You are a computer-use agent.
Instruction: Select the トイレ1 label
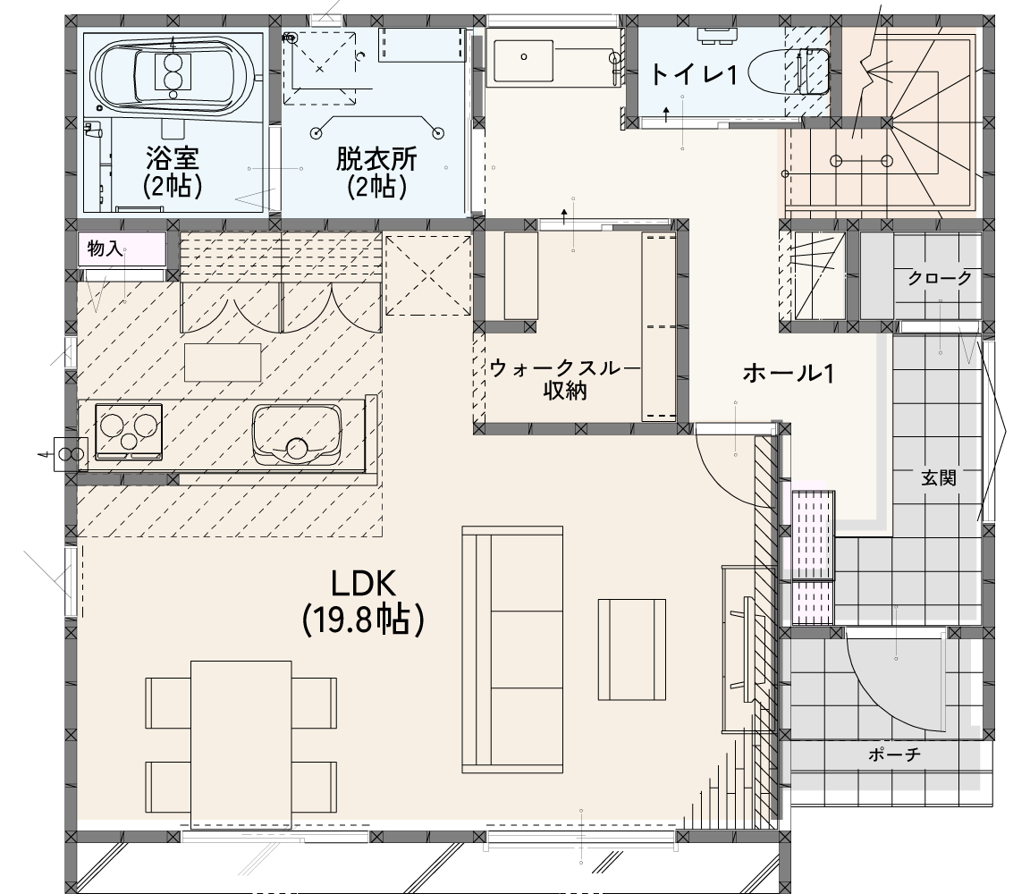coord(693,75)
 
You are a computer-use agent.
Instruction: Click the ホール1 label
coord(789,374)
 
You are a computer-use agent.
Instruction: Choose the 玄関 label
coord(939,477)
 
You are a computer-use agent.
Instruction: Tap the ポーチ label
coord(894,754)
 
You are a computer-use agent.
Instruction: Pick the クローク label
coord(940,278)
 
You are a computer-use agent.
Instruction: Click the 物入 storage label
coord(105,249)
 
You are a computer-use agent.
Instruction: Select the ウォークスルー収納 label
coord(564,380)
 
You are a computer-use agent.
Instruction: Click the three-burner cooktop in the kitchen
coord(129,431)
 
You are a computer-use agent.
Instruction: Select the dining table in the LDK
coord(241,744)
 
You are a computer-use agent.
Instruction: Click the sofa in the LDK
coord(512,649)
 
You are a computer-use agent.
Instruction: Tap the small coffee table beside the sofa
coord(632,650)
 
